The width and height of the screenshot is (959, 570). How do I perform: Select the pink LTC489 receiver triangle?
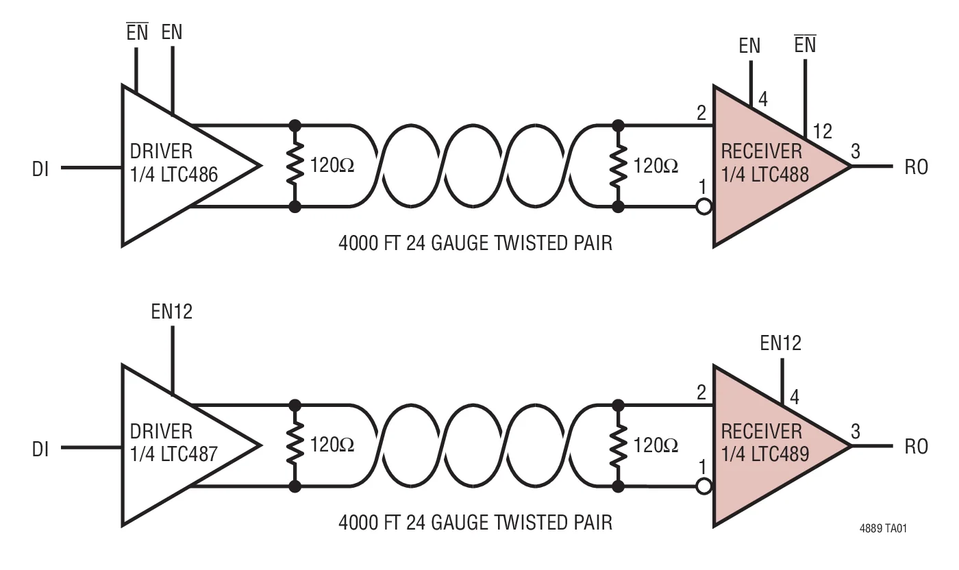click(767, 445)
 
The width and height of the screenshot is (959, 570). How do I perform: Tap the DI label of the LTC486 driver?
click(40, 168)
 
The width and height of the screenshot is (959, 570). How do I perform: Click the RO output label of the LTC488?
click(916, 167)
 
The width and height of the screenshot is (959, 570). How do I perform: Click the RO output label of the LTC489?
click(916, 447)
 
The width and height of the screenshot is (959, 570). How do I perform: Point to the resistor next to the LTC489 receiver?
click(619, 445)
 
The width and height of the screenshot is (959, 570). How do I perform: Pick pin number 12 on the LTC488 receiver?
click(821, 131)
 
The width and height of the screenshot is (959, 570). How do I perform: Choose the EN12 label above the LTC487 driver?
click(172, 312)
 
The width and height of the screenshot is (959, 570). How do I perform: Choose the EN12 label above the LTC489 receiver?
click(780, 343)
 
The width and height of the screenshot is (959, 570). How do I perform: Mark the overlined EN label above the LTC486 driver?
click(137, 32)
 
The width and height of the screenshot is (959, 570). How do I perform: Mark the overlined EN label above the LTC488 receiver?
click(804, 45)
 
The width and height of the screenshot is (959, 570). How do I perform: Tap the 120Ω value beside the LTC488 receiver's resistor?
click(656, 165)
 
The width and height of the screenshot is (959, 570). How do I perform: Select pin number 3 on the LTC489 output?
click(855, 432)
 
